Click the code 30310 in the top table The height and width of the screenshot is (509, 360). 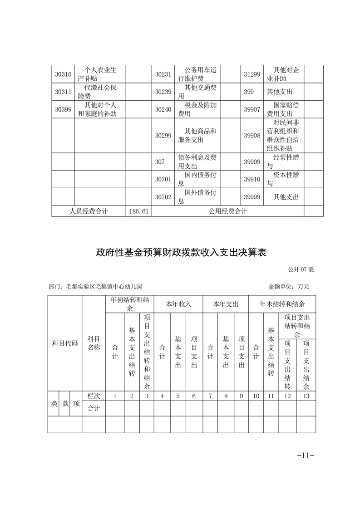tap(63, 74)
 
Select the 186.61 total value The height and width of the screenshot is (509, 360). tap(139, 211)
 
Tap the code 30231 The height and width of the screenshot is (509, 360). tap(163, 74)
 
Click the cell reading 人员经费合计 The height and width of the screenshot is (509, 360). tap(89, 211)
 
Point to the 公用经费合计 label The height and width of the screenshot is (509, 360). tap(228, 211)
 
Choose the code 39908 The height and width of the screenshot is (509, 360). tap(252, 136)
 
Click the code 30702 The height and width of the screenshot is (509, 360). tap(163, 197)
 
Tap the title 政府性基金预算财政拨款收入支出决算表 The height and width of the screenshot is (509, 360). tap(181, 253)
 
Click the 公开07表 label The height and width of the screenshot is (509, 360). tap(301, 269)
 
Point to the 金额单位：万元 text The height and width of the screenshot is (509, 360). tap(288, 287)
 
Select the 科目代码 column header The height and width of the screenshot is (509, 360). tap(65, 343)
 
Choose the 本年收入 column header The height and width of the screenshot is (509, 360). tap(178, 304)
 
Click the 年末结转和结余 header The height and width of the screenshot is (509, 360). tap(282, 304)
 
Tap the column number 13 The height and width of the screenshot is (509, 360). tap(306, 396)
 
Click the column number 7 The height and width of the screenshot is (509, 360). tap(210, 396)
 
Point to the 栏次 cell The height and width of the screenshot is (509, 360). tap(94, 396)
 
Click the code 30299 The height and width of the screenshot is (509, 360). tap(163, 136)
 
